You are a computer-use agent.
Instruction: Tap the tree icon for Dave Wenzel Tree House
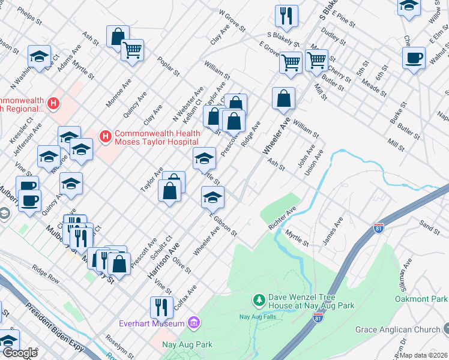(259, 299)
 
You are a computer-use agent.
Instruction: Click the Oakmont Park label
(421, 299)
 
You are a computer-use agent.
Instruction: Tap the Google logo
(20, 353)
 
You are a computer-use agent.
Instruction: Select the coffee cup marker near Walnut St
(414, 59)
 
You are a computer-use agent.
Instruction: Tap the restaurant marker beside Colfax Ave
(161, 307)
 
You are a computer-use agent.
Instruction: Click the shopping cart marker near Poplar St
(132, 50)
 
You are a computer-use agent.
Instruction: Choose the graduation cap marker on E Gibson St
(212, 197)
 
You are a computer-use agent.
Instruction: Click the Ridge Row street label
(46, 274)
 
